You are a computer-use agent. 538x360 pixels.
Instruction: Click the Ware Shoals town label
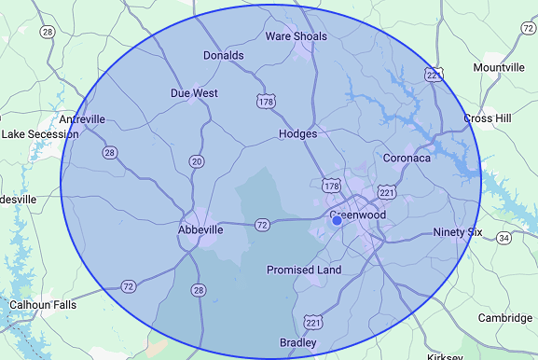click(296, 36)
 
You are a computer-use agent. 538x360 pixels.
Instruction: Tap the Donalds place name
click(224, 55)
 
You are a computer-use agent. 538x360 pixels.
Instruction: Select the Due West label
click(194, 93)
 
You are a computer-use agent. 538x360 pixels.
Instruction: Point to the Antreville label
click(82, 119)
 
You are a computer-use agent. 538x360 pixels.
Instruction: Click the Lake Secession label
click(40, 134)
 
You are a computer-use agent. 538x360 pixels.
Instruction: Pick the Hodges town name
click(298, 134)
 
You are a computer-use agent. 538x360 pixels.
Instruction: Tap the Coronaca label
click(407, 159)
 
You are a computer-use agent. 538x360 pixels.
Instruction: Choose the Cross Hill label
click(491, 118)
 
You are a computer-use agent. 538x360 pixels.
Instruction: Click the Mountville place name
click(499, 68)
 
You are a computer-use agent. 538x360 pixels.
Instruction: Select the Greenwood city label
click(358, 215)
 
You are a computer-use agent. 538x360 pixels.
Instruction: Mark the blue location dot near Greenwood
click(337, 221)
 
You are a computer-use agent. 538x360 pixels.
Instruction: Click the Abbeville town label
click(200, 229)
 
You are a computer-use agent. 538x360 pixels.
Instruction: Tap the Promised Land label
click(304, 270)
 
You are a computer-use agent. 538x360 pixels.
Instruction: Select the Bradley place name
click(298, 343)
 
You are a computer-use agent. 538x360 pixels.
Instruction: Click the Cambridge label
click(505, 318)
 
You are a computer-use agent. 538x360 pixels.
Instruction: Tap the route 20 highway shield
click(197, 161)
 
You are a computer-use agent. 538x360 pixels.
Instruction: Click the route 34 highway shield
click(504, 238)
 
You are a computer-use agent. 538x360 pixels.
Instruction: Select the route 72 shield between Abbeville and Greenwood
click(262, 225)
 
